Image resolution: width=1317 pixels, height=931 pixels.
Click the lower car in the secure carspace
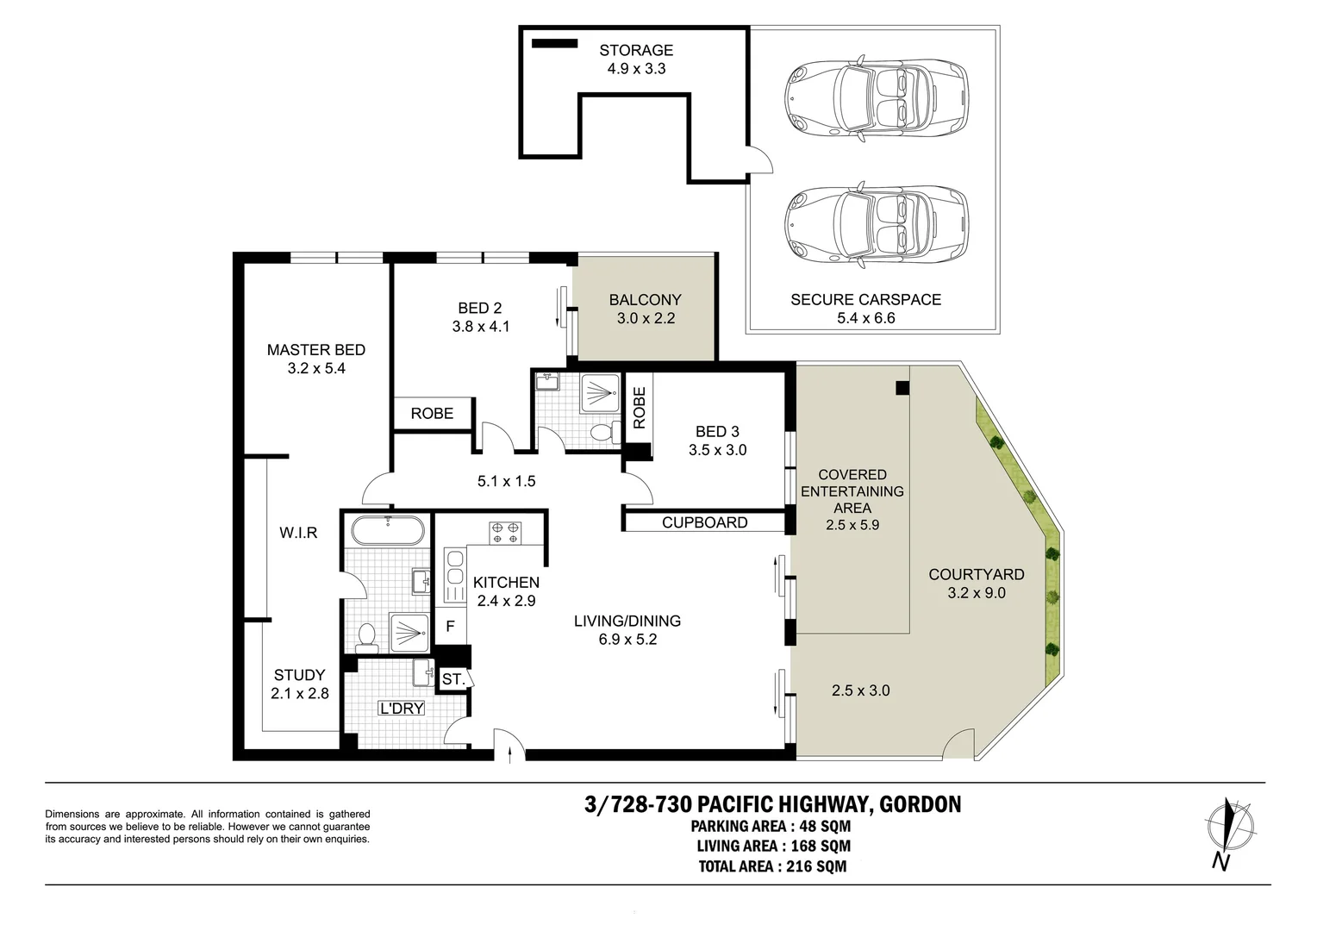tap(877, 223)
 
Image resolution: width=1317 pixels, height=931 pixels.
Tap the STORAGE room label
tap(636, 50)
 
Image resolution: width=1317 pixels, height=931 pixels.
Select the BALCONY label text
tap(645, 300)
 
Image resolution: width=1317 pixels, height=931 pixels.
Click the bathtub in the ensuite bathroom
tap(388, 530)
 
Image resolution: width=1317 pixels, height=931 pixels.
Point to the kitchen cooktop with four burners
tap(504, 532)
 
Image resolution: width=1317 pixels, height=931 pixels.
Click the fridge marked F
tap(450, 627)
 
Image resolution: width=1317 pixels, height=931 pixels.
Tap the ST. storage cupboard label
tap(453, 679)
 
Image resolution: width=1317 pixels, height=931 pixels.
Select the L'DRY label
tap(402, 709)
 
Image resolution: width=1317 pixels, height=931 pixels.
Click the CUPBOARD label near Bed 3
tap(704, 522)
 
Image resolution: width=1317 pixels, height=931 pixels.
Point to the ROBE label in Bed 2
tap(432, 414)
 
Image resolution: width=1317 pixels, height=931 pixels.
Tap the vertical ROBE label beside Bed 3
tap(639, 408)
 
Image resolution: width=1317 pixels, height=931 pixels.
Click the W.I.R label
tap(298, 533)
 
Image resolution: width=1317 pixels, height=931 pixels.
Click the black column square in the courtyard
tap(902, 388)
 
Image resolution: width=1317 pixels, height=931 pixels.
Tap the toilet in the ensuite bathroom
tap(366, 636)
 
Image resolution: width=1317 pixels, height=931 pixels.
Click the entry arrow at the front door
tap(512, 755)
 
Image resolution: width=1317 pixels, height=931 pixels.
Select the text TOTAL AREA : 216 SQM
tap(772, 866)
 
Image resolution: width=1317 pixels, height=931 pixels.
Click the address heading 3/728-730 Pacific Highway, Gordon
tap(772, 804)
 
